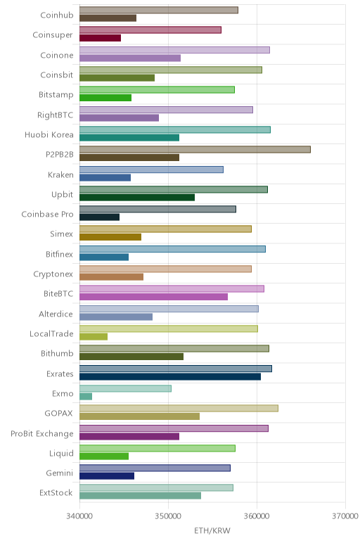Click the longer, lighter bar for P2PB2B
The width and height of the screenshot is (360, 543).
(x=195, y=149)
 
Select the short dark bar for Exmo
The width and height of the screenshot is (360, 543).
(x=86, y=397)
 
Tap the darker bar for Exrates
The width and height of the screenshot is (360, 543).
(x=170, y=376)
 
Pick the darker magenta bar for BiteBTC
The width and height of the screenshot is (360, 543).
(x=154, y=297)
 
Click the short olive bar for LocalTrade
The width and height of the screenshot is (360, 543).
(x=94, y=337)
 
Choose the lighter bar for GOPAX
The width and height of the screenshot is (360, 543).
(x=179, y=408)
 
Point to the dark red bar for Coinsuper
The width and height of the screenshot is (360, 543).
(x=101, y=38)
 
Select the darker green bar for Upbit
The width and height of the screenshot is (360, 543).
(x=137, y=198)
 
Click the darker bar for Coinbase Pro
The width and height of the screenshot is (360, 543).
(x=99, y=217)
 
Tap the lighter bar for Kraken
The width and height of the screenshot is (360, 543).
(x=151, y=170)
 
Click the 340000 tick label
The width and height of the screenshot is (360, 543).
(x=79, y=516)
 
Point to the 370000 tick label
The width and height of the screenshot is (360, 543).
(x=345, y=516)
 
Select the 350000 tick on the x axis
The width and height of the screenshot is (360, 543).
(x=168, y=516)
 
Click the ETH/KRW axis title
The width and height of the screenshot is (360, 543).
(x=212, y=530)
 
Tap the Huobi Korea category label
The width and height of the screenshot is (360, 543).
(x=49, y=135)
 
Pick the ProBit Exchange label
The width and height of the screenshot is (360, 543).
(x=42, y=433)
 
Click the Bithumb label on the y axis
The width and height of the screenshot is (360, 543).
(x=57, y=353)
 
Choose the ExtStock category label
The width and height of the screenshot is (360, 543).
(x=56, y=493)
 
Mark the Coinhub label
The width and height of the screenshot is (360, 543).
(x=57, y=15)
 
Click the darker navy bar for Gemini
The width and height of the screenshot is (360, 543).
(x=107, y=476)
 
